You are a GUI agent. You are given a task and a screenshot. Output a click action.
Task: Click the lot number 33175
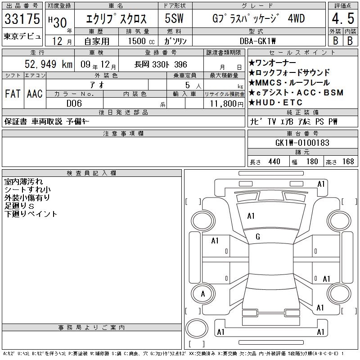pyautogui.click(x=22, y=18)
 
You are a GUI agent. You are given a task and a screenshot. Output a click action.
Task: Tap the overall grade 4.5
pyautogui.click(x=343, y=18)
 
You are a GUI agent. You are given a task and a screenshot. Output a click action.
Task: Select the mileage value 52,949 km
pyautogui.click(x=49, y=64)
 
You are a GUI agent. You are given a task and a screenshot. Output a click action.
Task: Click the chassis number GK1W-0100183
pyautogui.click(x=302, y=143)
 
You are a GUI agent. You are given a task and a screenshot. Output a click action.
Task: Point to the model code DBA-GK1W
pyautogui.click(x=257, y=41)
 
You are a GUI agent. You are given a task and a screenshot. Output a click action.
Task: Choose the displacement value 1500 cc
pyautogui.click(x=141, y=41)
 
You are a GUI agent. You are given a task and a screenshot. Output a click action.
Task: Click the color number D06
pyautogui.click(x=74, y=103)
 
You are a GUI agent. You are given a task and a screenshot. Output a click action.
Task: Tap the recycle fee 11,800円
pyautogui.click(x=226, y=104)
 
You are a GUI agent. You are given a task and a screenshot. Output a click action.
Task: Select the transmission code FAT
pyautogui.click(x=13, y=94)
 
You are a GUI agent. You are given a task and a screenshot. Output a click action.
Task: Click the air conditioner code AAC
pyautogui.click(x=35, y=94)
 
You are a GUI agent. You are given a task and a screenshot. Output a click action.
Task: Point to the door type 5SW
pyautogui.click(x=174, y=18)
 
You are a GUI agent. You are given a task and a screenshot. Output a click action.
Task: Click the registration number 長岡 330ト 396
pyautogui.click(x=161, y=64)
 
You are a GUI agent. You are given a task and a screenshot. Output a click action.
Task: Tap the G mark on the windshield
pyautogui.click(x=258, y=237)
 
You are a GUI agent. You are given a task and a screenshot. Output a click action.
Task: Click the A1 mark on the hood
pyautogui.click(x=251, y=216)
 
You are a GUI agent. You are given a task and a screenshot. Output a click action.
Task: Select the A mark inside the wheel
pyautogui.click(x=203, y=294)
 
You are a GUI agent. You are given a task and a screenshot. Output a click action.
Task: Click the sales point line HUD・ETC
pyautogui.click(x=276, y=103)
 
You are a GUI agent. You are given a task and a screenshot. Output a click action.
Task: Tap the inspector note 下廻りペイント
pyautogui.click(x=31, y=214)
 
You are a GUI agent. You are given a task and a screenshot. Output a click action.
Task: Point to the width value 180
pyautogui.click(x=312, y=162)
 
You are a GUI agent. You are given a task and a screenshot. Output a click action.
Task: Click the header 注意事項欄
pyautogui.click(x=123, y=133)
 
